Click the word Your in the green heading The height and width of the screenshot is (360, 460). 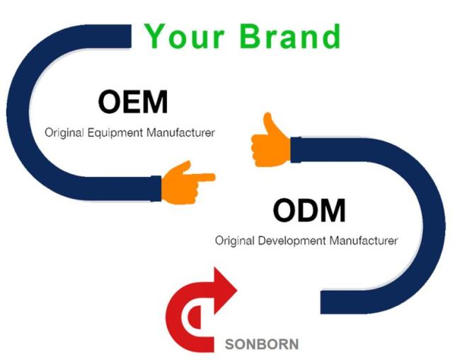tap(185, 36)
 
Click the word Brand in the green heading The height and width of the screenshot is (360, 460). tap(290, 36)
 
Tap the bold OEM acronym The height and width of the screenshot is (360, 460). tap(133, 102)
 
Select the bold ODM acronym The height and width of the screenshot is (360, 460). tap(309, 210)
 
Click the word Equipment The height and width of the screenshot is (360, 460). tap(115, 133)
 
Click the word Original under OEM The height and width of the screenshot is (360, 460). tap(64, 133)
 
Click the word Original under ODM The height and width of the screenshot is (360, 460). tap(235, 241)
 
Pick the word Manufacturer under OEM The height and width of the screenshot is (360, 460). tap(180, 132)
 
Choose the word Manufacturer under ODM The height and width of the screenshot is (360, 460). tap(364, 240)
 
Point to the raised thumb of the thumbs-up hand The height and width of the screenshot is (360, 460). tap(269, 123)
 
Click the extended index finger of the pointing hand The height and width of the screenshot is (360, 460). tap(204, 178)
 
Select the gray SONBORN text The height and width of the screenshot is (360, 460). tap(262, 344)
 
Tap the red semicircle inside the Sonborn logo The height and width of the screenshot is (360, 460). tap(195, 317)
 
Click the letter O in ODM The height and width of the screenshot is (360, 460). tap(284, 210)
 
